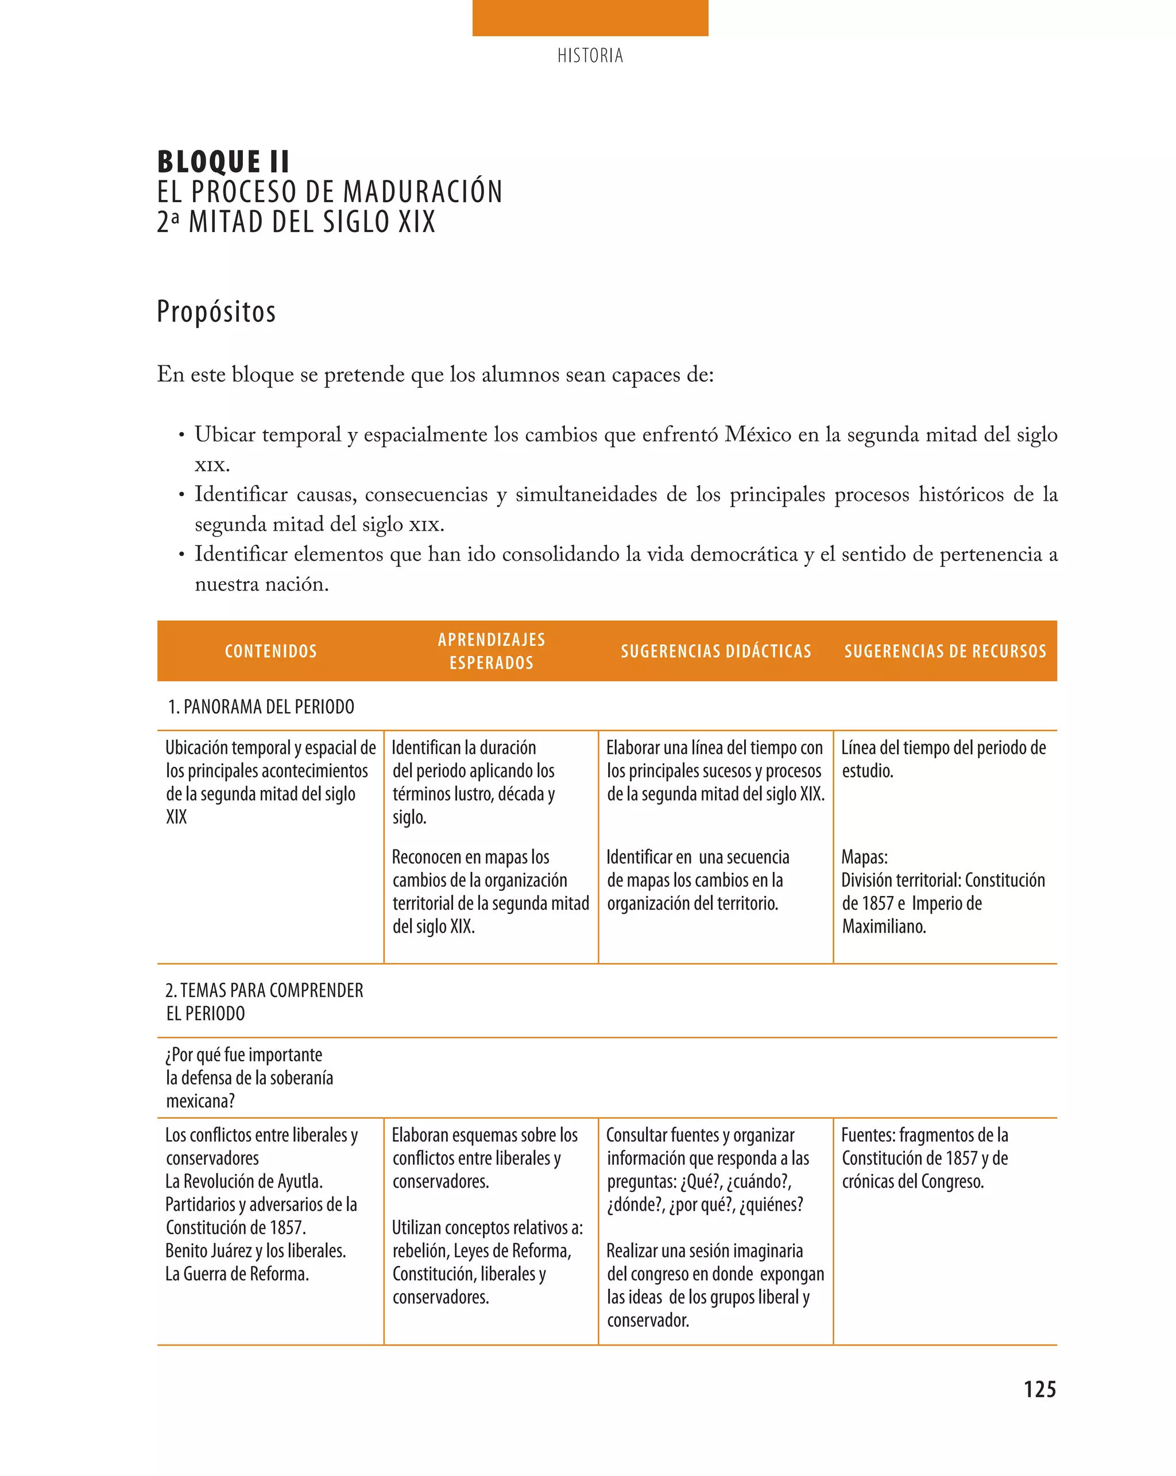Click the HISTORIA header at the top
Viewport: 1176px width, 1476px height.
coord(590,56)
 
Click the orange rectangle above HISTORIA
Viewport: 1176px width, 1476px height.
coord(590,18)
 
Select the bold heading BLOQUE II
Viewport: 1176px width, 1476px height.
coord(223,163)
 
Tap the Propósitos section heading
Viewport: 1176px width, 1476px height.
coord(216,311)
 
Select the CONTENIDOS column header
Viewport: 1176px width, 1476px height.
coord(270,651)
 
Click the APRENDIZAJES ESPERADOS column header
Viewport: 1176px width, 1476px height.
coord(492,651)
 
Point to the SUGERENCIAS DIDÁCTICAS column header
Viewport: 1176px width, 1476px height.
coord(716,651)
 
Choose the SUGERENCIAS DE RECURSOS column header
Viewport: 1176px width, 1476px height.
coord(945,651)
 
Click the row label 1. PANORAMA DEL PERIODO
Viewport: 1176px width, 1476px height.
coord(261,706)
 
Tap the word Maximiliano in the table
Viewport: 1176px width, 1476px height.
coord(884,927)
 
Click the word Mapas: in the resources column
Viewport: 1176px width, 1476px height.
coord(864,857)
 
